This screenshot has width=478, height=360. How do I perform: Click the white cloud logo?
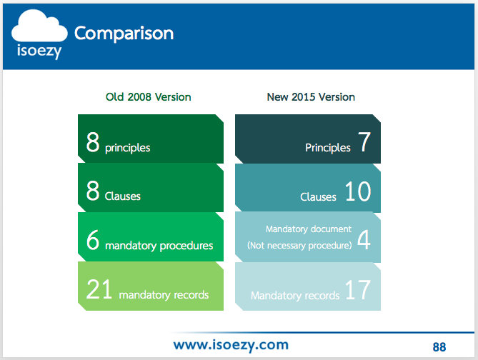39,27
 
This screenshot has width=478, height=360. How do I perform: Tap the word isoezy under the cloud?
39,51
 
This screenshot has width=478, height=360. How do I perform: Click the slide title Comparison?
124,34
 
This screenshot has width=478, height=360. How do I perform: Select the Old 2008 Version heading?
149,97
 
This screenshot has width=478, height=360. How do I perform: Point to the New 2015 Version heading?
311,97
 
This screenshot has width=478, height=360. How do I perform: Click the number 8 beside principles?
93,141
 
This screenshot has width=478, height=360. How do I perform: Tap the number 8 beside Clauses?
93,191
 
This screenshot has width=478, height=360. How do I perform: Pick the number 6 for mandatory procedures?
93,239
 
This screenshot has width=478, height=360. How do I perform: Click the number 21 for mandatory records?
99,289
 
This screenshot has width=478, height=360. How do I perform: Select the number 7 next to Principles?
364,141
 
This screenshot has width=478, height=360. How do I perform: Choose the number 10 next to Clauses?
358,191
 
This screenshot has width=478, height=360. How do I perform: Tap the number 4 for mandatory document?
364,239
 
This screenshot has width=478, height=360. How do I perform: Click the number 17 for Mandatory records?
358,289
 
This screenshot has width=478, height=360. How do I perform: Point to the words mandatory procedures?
159,246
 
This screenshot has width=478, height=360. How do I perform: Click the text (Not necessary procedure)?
299,246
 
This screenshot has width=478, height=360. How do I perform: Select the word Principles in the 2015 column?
328,148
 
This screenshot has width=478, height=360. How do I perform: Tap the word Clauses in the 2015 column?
318,197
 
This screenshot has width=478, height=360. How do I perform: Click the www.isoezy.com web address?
231,345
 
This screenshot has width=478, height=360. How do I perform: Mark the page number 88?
439,347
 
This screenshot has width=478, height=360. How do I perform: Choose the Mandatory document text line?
309,229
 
